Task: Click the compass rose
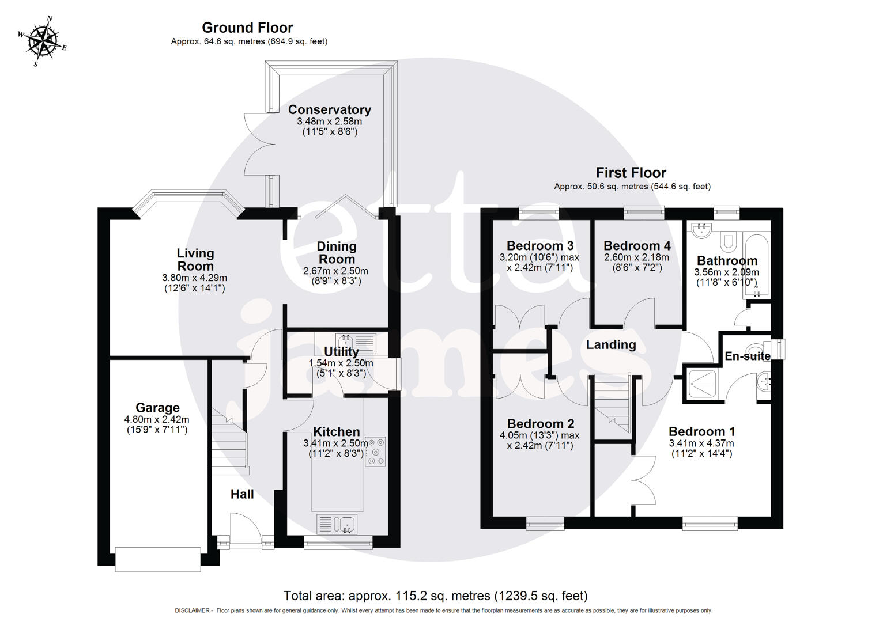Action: (x=42, y=41)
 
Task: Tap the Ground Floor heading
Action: (x=247, y=28)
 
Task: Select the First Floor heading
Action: (x=631, y=173)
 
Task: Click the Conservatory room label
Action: (x=329, y=109)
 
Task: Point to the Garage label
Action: (x=157, y=408)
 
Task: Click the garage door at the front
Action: (x=158, y=559)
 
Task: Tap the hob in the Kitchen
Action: (x=376, y=451)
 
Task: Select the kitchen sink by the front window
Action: (x=337, y=524)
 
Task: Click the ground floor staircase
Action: (x=229, y=443)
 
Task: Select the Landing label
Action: (x=611, y=345)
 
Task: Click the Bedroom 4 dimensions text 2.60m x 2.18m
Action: (x=636, y=257)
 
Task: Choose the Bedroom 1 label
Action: (x=701, y=431)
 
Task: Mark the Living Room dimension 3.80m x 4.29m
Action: (x=195, y=278)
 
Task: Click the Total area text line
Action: (x=435, y=596)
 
